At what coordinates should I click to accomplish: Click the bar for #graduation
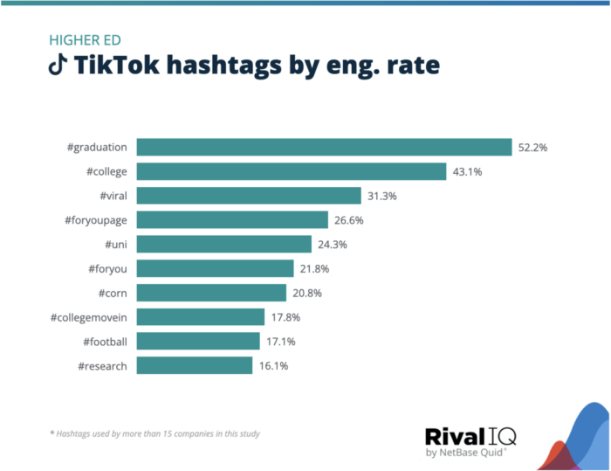pyautogui.click(x=324, y=147)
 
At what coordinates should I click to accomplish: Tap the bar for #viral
pyautogui.click(x=249, y=196)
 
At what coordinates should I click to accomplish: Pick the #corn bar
pyautogui.click(x=211, y=293)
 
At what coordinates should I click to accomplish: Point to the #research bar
pyautogui.click(x=195, y=365)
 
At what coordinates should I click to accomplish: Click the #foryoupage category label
pyautogui.click(x=95, y=220)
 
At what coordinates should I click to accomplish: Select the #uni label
pyautogui.click(x=116, y=244)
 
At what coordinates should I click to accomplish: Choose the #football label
pyautogui.click(x=105, y=342)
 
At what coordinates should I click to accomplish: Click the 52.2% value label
pyautogui.click(x=532, y=148)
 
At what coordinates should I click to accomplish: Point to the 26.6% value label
pyautogui.click(x=348, y=220)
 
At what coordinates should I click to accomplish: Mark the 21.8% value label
pyautogui.click(x=314, y=268)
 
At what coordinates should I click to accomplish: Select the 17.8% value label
pyautogui.click(x=285, y=317)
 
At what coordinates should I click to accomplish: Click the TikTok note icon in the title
pyautogui.click(x=57, y=66)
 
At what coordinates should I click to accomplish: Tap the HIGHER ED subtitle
pyautogui.click(x=84, y=40)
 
